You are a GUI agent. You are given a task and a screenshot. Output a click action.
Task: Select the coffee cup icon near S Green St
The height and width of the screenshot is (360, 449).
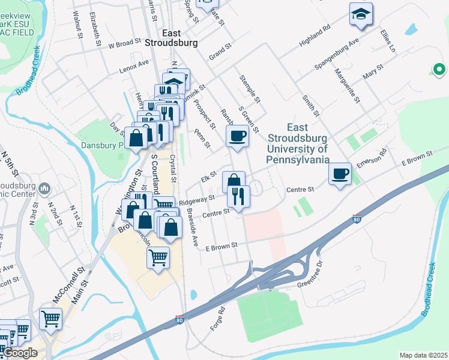(x=238, y=136)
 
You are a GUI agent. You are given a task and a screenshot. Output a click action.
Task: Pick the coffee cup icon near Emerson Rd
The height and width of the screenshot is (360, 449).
(x=340, y=173)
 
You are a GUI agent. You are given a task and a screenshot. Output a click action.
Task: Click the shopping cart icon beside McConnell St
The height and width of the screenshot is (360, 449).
(x=51, y=319)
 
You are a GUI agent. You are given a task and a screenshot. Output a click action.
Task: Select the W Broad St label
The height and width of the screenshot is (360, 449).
(x=124, y=44)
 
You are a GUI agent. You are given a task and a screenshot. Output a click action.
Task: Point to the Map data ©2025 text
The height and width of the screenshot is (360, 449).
(x=423, y=355)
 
